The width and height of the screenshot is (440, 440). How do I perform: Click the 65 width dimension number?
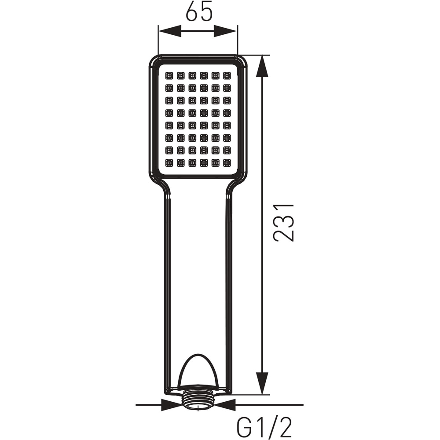tap(199, 11)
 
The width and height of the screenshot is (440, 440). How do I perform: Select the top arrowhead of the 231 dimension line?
tap(262, 66)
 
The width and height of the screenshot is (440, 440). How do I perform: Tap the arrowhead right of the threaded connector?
tap(225, 405)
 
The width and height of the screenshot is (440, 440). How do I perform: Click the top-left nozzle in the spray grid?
tap(169, 76)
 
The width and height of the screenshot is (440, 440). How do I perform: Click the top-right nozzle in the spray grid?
tap(227, 76)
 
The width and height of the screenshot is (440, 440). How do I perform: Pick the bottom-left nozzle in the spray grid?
tap(169, 163)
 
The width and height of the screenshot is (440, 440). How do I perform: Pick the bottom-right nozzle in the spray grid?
tap(227, 163)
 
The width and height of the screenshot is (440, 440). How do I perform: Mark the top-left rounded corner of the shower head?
tap(153, 59)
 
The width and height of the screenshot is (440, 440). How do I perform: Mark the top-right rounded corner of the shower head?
tap(243, 59)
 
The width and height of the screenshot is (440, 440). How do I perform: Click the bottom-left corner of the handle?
tap(166, 392)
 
